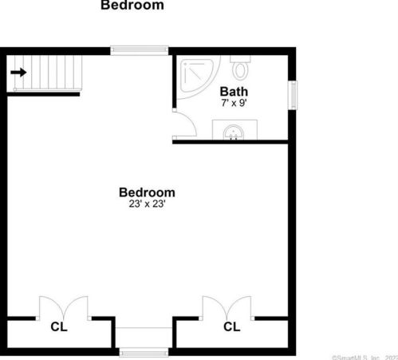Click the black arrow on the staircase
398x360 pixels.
(18, 73)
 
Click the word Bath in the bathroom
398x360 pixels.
(234, 91)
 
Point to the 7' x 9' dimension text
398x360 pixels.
(234, 103)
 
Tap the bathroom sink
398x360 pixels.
(234, 132)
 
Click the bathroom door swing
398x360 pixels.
(183, 123)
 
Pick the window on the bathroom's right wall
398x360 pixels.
(293, 93)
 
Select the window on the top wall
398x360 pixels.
(140, 50)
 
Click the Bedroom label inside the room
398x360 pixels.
(147, 192)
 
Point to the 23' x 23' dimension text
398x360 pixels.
(147, 204)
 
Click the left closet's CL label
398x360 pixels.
(59, 326)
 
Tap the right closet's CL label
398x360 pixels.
(231, 326)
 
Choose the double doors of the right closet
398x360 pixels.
(227, 307)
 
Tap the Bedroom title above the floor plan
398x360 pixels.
(132, 6)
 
